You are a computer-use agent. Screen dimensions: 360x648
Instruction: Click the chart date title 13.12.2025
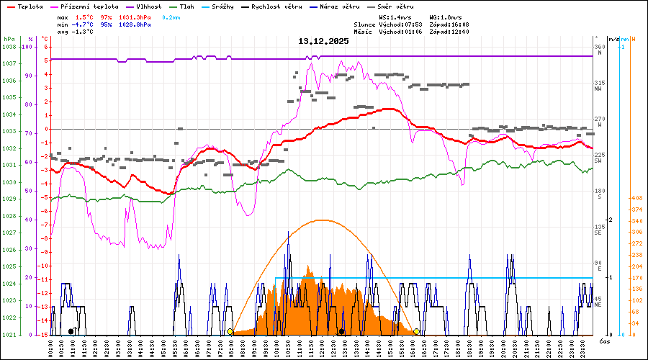pyautogui.click(x=323, y=42)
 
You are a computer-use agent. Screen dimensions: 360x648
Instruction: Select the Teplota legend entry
pyautogui.click(x=26, y=6)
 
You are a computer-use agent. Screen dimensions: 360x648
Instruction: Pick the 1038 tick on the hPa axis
pyautogui.click(x=9, y=47)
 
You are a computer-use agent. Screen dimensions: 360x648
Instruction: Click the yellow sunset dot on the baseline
pyautogui.click(x=417, y=331)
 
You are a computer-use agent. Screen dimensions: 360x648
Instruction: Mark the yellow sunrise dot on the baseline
pyautogui.click(x=230, y=331)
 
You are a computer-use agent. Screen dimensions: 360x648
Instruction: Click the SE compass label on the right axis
pyautogui.click(x=598, y=233)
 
